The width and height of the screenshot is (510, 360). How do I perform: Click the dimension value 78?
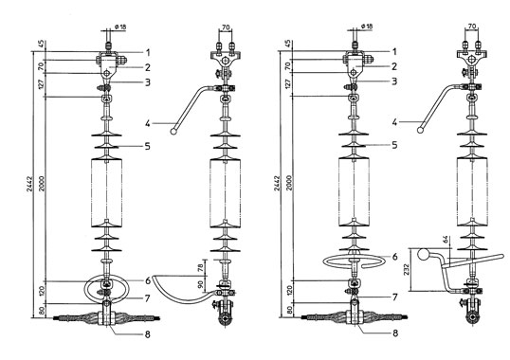point(201,267)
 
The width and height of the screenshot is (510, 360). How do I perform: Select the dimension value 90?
point(201,284)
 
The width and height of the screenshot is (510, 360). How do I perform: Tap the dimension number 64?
point(446,241)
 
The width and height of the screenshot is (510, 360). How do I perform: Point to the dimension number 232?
point(407,269)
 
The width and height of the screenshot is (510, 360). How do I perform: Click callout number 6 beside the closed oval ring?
point(148,280)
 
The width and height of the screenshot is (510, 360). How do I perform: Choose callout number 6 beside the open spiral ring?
point(395,257)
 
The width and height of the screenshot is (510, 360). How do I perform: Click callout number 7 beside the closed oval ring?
point(148,297)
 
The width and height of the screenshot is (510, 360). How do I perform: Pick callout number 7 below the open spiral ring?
point(395,297)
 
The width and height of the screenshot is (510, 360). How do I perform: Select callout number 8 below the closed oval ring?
point(148,334)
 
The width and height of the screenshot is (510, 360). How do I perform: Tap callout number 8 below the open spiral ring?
point(395,333)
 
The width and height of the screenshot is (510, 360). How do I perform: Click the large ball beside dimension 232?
point(424,254)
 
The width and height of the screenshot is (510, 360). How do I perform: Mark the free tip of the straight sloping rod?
point(502,257)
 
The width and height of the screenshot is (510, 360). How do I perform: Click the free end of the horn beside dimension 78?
point(155,277)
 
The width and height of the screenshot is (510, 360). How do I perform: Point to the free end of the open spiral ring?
point(363,265)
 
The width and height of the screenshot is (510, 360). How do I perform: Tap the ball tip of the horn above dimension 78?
point(173,132)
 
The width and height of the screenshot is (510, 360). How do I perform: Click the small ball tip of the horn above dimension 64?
point(420,131)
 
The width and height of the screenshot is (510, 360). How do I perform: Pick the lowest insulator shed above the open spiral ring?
point(354,249)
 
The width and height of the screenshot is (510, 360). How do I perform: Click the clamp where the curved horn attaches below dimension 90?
point(225,293)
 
